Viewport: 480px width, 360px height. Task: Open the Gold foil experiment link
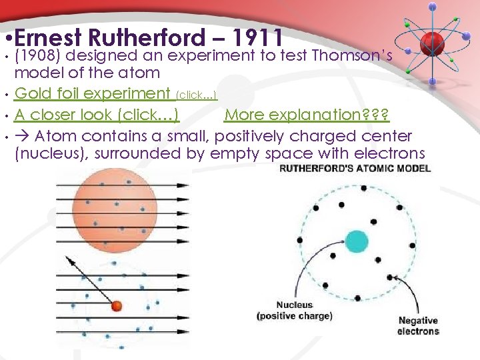click(92, 93)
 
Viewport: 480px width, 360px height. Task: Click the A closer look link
click(96, 115)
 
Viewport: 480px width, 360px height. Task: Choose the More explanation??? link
click(307, 115)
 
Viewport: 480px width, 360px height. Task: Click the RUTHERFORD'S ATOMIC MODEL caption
click(354, 169)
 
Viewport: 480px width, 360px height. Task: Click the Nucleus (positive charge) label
click(294, 311)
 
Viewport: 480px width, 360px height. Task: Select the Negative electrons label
click(418, 326)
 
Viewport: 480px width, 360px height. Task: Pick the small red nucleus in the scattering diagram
click(117, 306)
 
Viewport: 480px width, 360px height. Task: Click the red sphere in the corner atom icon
click(432, 39)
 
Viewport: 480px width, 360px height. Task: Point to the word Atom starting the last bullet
click(58, 136)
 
